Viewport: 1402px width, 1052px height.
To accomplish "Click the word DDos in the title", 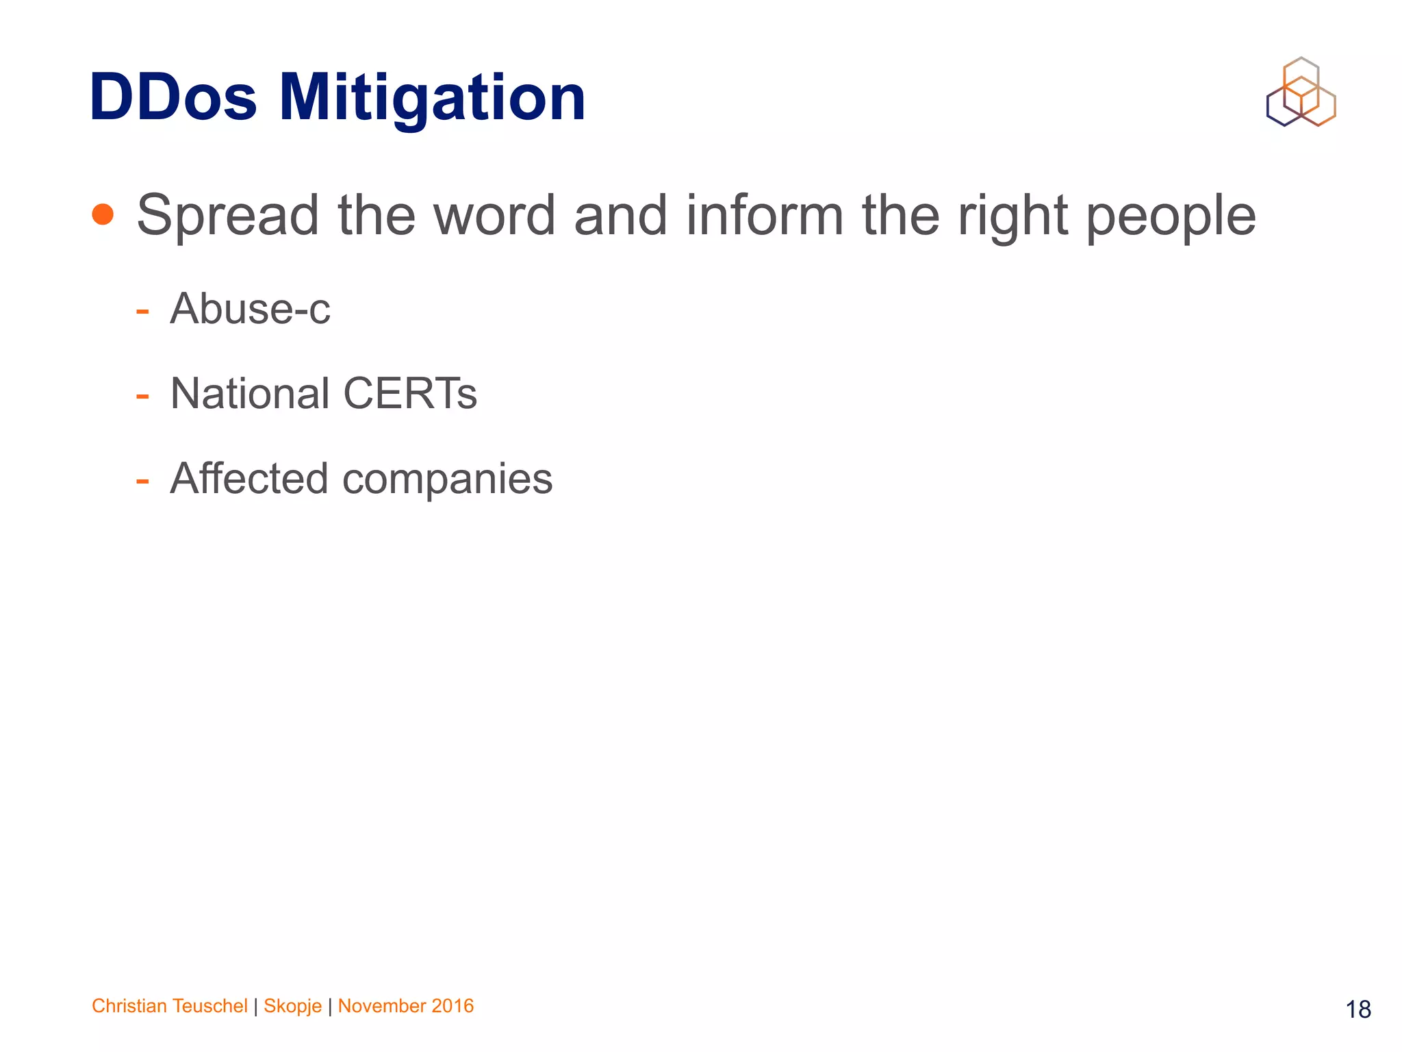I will click(173, 97).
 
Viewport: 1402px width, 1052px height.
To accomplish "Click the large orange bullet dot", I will click(103, 214).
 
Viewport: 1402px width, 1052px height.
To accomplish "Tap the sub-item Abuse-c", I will click(250, 309).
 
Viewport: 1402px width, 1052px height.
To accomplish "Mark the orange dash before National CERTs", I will click(142, 397).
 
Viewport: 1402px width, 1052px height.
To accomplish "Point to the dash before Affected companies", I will click(142, 481).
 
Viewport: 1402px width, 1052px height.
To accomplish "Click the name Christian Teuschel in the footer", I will click(169, 1005).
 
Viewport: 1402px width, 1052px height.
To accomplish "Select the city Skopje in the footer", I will click(292, 1006).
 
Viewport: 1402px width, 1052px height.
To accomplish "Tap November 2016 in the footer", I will click(406, 1005).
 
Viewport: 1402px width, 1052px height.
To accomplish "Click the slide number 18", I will click(1358, 1009).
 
